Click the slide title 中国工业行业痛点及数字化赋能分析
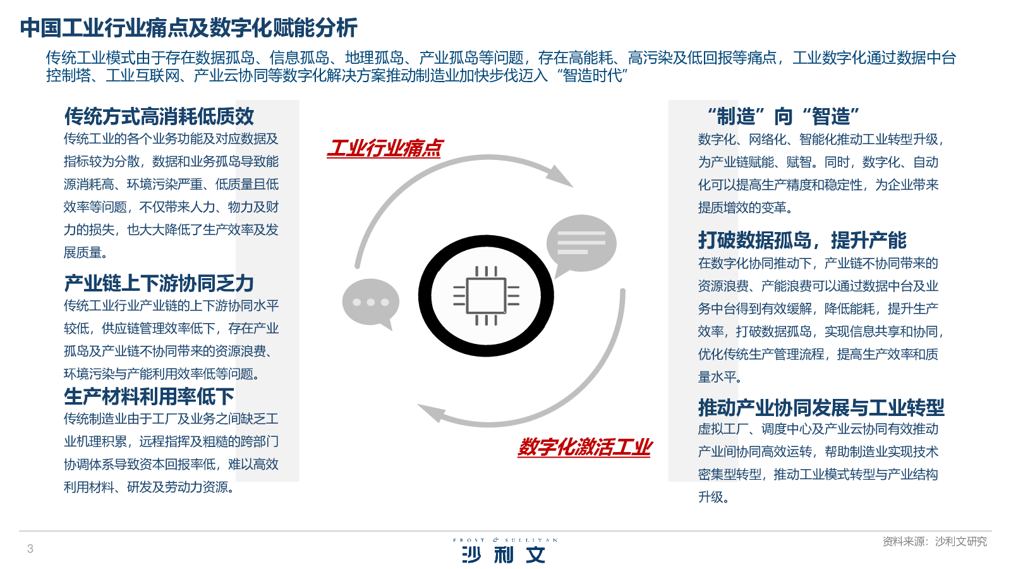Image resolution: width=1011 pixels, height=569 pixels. click(189, 28)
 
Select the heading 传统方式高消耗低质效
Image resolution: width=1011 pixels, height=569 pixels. click(159, 116)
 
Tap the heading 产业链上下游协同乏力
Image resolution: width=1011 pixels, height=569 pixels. click(159, 284)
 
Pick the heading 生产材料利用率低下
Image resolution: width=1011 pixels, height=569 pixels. click(149, 396)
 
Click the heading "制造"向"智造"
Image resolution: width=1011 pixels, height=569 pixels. click(783, 116)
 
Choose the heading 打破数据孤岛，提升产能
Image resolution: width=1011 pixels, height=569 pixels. click(802, 240)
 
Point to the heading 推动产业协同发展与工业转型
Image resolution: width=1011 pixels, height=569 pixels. click(821, 408)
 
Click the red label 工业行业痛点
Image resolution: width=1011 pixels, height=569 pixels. click(385, 148)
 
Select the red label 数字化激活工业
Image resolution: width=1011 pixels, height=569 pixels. click(584, 448)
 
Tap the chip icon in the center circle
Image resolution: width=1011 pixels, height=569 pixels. click(486, 296)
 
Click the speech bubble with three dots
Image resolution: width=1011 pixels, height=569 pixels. click(371, 303)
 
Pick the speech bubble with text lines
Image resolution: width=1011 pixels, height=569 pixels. click(581, 244)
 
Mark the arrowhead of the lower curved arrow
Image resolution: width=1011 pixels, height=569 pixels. click(432, 413)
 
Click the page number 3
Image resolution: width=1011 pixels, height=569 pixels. click(30, 549)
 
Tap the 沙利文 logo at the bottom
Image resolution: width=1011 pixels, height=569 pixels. click(504, 554)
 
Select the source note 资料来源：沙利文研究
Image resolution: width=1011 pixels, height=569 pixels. click(935, 541)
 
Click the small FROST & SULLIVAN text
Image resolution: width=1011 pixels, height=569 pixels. click(505, 540)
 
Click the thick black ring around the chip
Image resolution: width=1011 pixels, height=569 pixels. click(424, 296)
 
